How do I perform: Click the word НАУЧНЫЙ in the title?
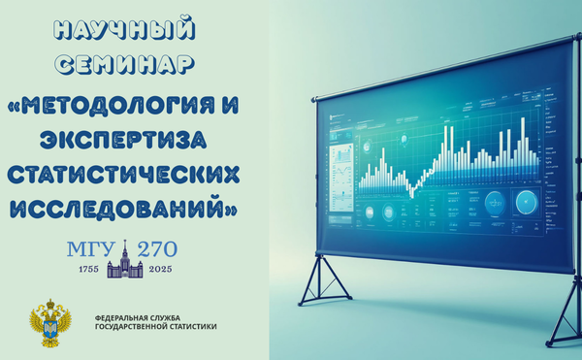click(x=123, y=29)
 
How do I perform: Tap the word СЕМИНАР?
click(x=123, y=65)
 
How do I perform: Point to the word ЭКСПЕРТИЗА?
click(x=123, y=140)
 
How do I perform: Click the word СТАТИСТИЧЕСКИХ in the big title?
click(x=123, y=176)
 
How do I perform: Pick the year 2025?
click(x=155, y=268)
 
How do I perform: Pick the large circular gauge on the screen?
click(x=525, y=202)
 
